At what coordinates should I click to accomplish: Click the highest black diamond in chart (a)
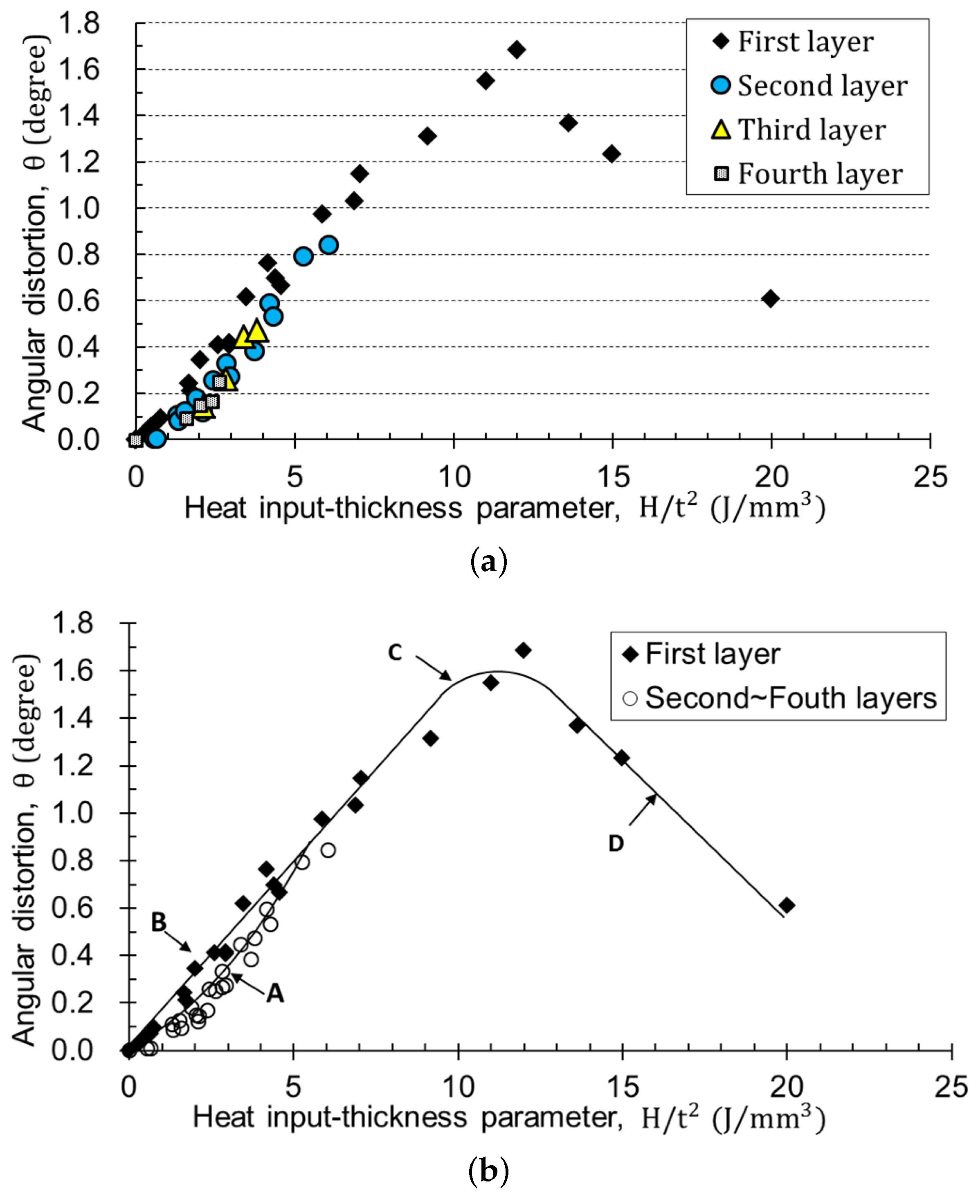tap(517, 49)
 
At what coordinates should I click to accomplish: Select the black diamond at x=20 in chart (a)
tap(770, 298)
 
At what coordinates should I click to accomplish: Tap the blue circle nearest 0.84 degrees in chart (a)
tap(329, 245)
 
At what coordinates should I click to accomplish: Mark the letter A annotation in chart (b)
tap(275, 994)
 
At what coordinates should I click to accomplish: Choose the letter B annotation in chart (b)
tap(159, 922)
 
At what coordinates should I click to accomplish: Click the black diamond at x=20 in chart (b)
tap(787, 906)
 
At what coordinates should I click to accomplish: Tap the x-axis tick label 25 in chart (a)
tap(930, 477)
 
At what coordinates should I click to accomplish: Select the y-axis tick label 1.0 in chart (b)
tap(72, 813)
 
